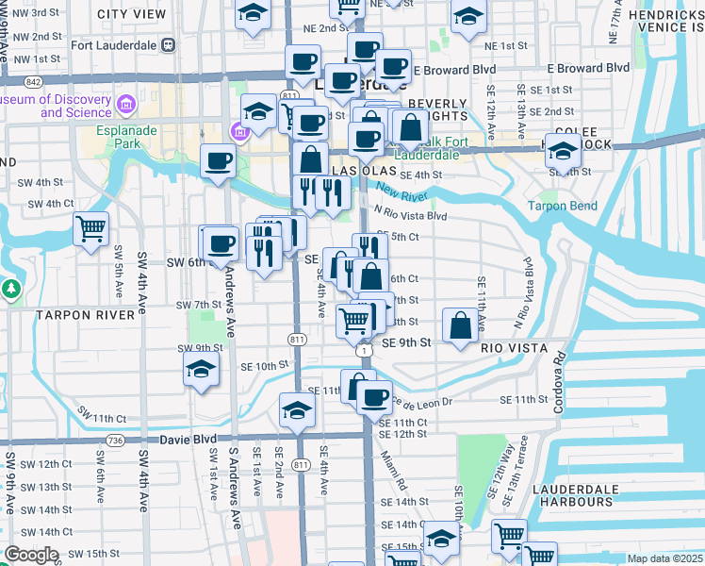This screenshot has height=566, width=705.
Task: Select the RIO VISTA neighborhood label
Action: coord(515,348)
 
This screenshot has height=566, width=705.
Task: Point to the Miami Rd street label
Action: coord(394,470)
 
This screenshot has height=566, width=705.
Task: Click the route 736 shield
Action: coord(116,441)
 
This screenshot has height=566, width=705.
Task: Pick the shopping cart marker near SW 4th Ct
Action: coord(90,227)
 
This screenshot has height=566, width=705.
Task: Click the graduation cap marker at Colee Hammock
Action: coord(562,150)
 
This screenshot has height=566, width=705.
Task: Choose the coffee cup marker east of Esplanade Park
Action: coord(218,161)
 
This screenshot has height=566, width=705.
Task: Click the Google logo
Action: coord(31,555)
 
